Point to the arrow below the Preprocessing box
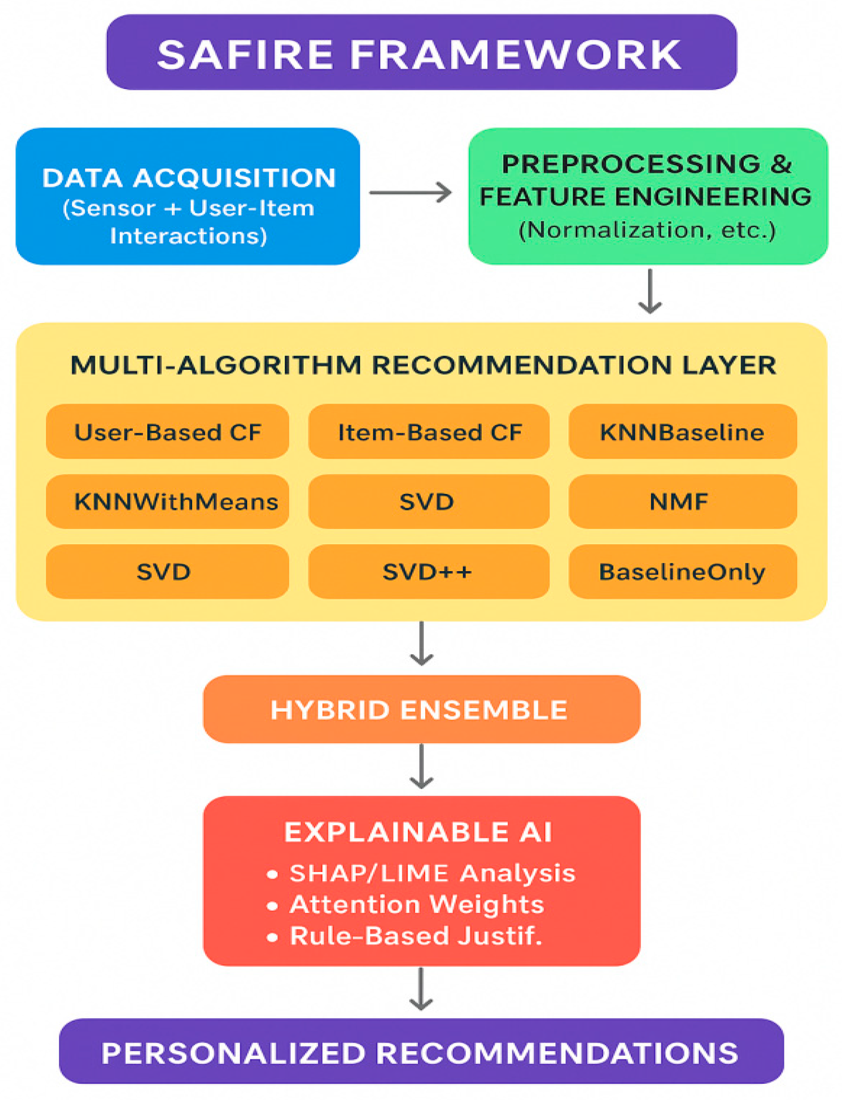pyautogui.click(x=650, y=291)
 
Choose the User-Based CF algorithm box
pyautogui.click(x=167, y=431)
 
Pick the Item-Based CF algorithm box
pyautogui.click(x=429, y=431)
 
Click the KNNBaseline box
pyautogui.click(x=683, y=431)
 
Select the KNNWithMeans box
pyautogui.click(x=167, y=501)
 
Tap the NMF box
pyautogui.click(x=683, y=501)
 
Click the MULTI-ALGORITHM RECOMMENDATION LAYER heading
pyautogui.click(x=424, y=365)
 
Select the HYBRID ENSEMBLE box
pyautogui.click(x=421, y=709)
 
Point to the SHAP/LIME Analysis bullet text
pyautogui.click(x=432, y=873)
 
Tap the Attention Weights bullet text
pyautogui.click(x=417, y=904)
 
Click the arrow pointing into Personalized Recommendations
pyautogui.click(x=421, y=989)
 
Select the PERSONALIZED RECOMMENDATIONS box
pyautogui.click(x=421, y=1052)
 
